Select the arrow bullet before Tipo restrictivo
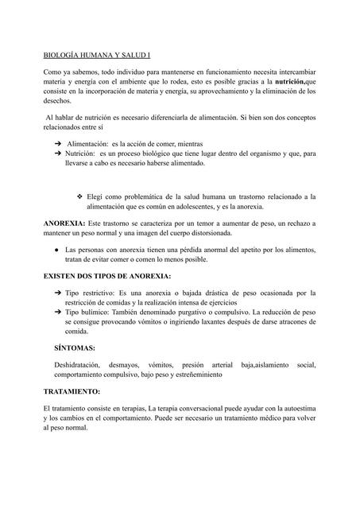(58, 293)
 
